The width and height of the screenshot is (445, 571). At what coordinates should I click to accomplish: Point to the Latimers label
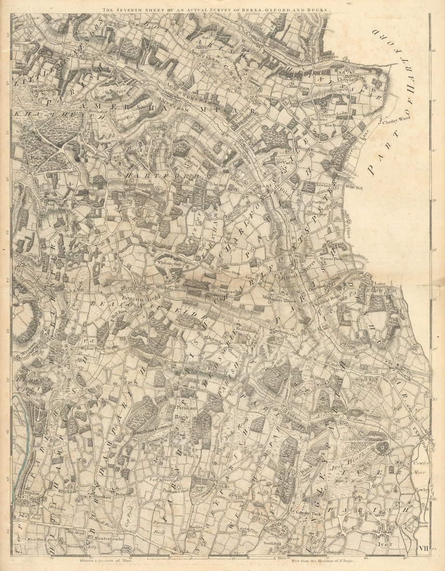point(329,58)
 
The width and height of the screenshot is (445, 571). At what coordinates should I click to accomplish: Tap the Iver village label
point(385,543)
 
